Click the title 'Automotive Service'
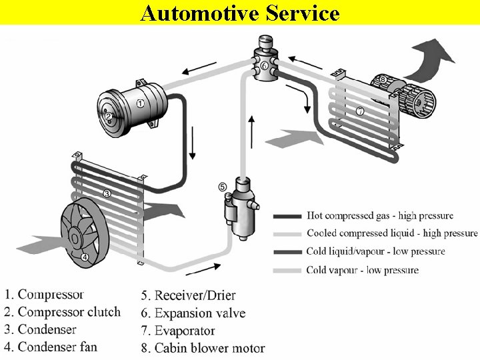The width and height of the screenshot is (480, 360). pyautogui.click(x=240, y=13)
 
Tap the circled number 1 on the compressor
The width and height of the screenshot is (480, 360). pyautogui.click(x=141, y=103)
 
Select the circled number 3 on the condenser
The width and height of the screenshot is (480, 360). pyautogui.click(x=106, y=194)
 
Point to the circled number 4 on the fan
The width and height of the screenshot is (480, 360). pyautogui.click(x=85, y=257)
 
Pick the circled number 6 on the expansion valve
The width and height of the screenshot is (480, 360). pyautogui.click(x=265, y=66)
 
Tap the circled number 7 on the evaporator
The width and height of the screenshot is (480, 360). pyautogui.click(x=359, y=111)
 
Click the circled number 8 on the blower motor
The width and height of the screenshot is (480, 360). pyautogui.click(x=383, y=80)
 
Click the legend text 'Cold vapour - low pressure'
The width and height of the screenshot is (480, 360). pyautogui.click(x=363, y=270)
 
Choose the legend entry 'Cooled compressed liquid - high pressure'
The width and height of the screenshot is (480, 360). pyautogui.click(x=392, y=233)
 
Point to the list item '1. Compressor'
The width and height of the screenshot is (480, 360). pyautogui.click(x=45, y=294)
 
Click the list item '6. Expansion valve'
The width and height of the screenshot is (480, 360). pyautogui.click(x=193, y=313)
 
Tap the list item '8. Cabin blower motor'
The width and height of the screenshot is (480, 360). pyautogui.click(x=203, y=348)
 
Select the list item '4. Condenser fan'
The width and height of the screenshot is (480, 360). pyautogui.click(x=51, y=347)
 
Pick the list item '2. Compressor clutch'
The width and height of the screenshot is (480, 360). pyautogui.click(x=63, y=311)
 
